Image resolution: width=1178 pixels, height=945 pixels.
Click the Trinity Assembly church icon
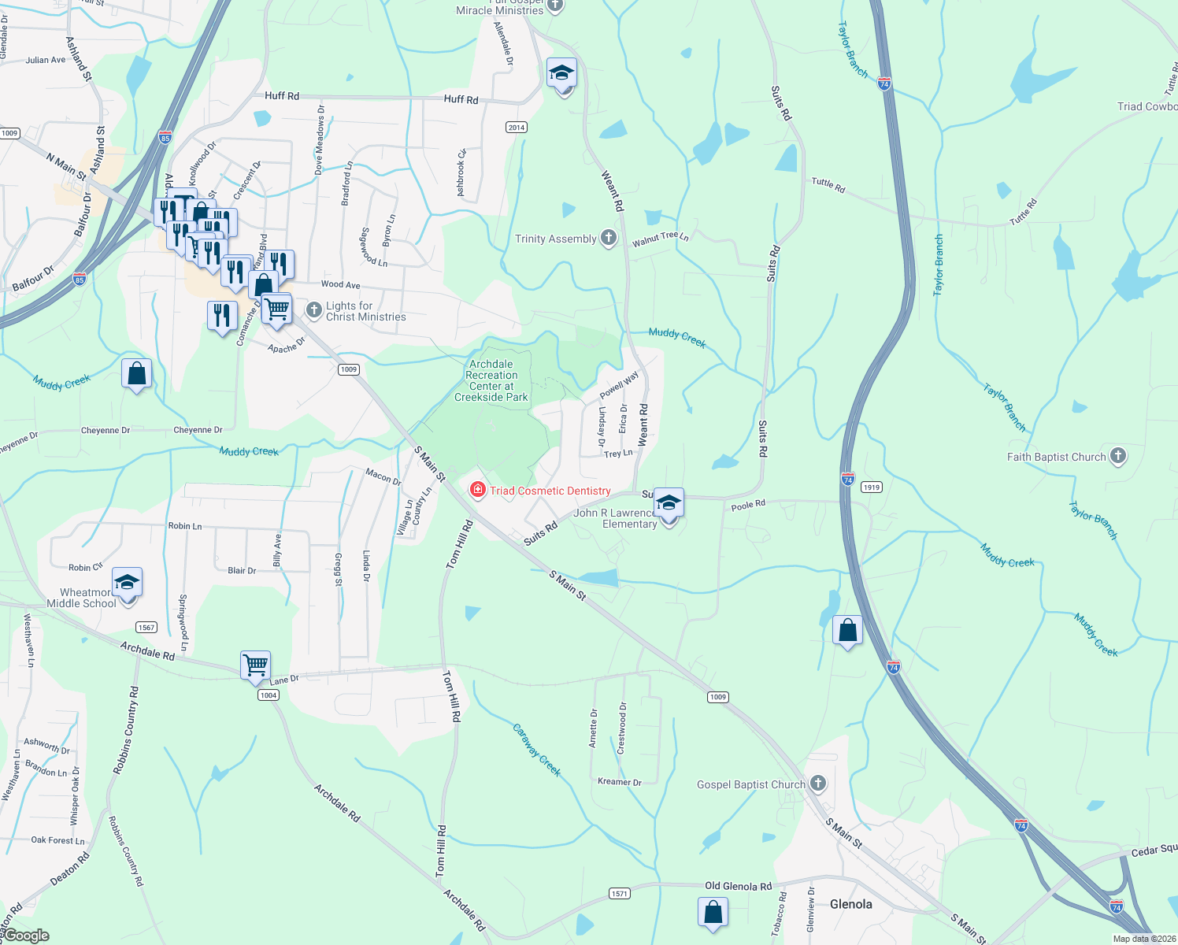click(x=608, y=238)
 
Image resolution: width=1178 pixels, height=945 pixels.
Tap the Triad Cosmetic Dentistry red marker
click(x=477, y=490)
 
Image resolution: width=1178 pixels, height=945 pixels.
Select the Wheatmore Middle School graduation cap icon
click(x=127, y=584)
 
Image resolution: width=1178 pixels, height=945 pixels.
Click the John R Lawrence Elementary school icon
click(x=668, y=504)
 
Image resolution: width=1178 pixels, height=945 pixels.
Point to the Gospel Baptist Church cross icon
click(x=818, y=784)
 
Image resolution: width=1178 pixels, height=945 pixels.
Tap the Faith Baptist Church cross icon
click(x=1117, y=456)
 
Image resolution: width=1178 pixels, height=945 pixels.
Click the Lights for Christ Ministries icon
click(x=313, y=310)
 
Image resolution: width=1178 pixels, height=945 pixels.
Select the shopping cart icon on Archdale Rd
click(x=256, y=665)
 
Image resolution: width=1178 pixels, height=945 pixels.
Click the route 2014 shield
click(x=516, y=127)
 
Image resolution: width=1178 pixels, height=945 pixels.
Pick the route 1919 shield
click(x=871, y=487)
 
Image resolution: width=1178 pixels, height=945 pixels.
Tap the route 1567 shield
click(x=146, y=627)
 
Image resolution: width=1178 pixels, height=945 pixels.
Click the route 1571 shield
click(x=619, y=893)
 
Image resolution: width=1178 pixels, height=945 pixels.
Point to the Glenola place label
click(x=850, y=904)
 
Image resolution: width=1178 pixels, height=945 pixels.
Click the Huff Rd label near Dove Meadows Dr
click(x=282, y=95)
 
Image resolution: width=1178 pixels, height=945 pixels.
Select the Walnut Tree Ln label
click(x=660, y=239)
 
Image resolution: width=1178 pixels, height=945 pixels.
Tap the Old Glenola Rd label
click(x=738, y=886)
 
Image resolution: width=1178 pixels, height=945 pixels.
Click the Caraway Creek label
click(x=537, y=750)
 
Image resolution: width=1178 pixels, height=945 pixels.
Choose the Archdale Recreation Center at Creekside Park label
click(x=491, y=380)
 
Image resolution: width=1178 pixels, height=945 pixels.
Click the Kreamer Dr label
click(x=619, y=781)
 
